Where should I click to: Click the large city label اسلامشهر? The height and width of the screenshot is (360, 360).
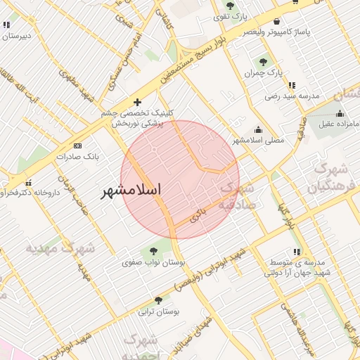click(131, 191)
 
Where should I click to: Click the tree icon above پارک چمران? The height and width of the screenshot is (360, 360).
click(264, 63)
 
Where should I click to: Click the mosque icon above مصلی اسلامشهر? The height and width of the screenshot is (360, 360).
click(259, 129)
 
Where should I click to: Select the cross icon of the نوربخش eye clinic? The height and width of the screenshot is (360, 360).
click(138, 103)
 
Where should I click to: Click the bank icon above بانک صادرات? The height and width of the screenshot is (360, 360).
click(77, 146)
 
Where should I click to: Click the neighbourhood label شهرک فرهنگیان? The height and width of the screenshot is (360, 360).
click(327, 178)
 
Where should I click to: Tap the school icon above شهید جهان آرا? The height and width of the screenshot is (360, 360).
click(297, 251)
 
